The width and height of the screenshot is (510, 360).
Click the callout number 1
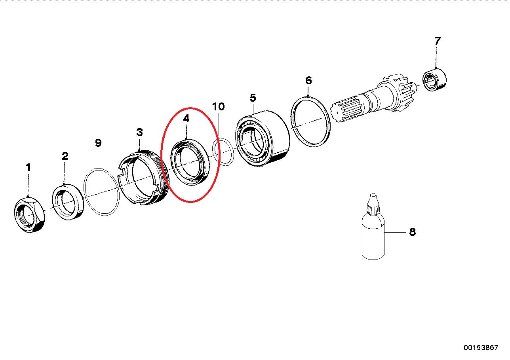pos(28,168)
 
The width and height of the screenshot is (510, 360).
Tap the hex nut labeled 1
pos(30,216)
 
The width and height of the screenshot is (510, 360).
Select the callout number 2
pos(65,156)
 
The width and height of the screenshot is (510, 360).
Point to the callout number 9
pos(99,143)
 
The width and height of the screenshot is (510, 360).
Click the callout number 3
pos(139,132)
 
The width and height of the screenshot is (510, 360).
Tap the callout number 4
pos(186,118)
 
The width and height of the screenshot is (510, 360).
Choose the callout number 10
pos(218,106)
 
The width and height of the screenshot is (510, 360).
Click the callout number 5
pos(253,97)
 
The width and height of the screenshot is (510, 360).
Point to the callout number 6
pos(308,81)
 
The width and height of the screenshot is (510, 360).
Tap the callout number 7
pos(437,41)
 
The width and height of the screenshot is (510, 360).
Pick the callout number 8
pos(412,232)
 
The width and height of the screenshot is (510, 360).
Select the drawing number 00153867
pos(481,348)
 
